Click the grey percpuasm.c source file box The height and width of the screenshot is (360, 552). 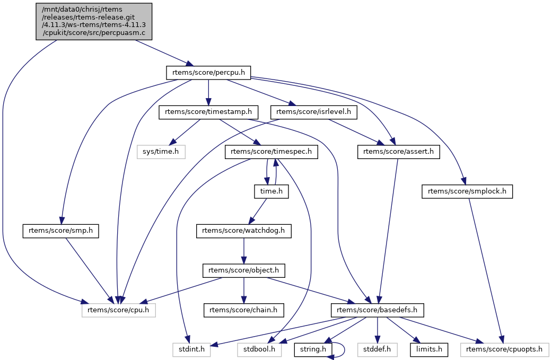click(x=94, y=21)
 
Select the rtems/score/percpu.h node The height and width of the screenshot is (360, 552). click(x=208, y=73)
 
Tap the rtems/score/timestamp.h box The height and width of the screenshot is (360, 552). click(x=208, y=112)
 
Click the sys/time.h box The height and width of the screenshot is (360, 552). click(x=162, y=152)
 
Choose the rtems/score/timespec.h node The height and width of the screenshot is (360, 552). click(x=271, y=152)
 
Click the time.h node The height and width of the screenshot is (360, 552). click(x=271, y=191)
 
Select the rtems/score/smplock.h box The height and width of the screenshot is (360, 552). click(x=467, y=191)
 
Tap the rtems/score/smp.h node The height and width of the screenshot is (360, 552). click(x=62, y=231)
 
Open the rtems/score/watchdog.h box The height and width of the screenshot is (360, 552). click(x=243, y=231)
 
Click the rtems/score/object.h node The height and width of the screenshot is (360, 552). click(x=243, y=270)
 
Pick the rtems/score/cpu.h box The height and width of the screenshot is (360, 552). click(x=119, y=310)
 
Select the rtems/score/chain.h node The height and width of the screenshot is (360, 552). click(x=243, y=310)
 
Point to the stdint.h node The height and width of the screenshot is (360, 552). click(x=191, y=349)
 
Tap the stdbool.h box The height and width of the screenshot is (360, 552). click(x=259, y=349)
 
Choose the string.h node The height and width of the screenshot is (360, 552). click(x=313, y=349)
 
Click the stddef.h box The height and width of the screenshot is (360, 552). click(x=376, y=349)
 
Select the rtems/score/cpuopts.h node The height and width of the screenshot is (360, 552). click(x=505, y=349)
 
